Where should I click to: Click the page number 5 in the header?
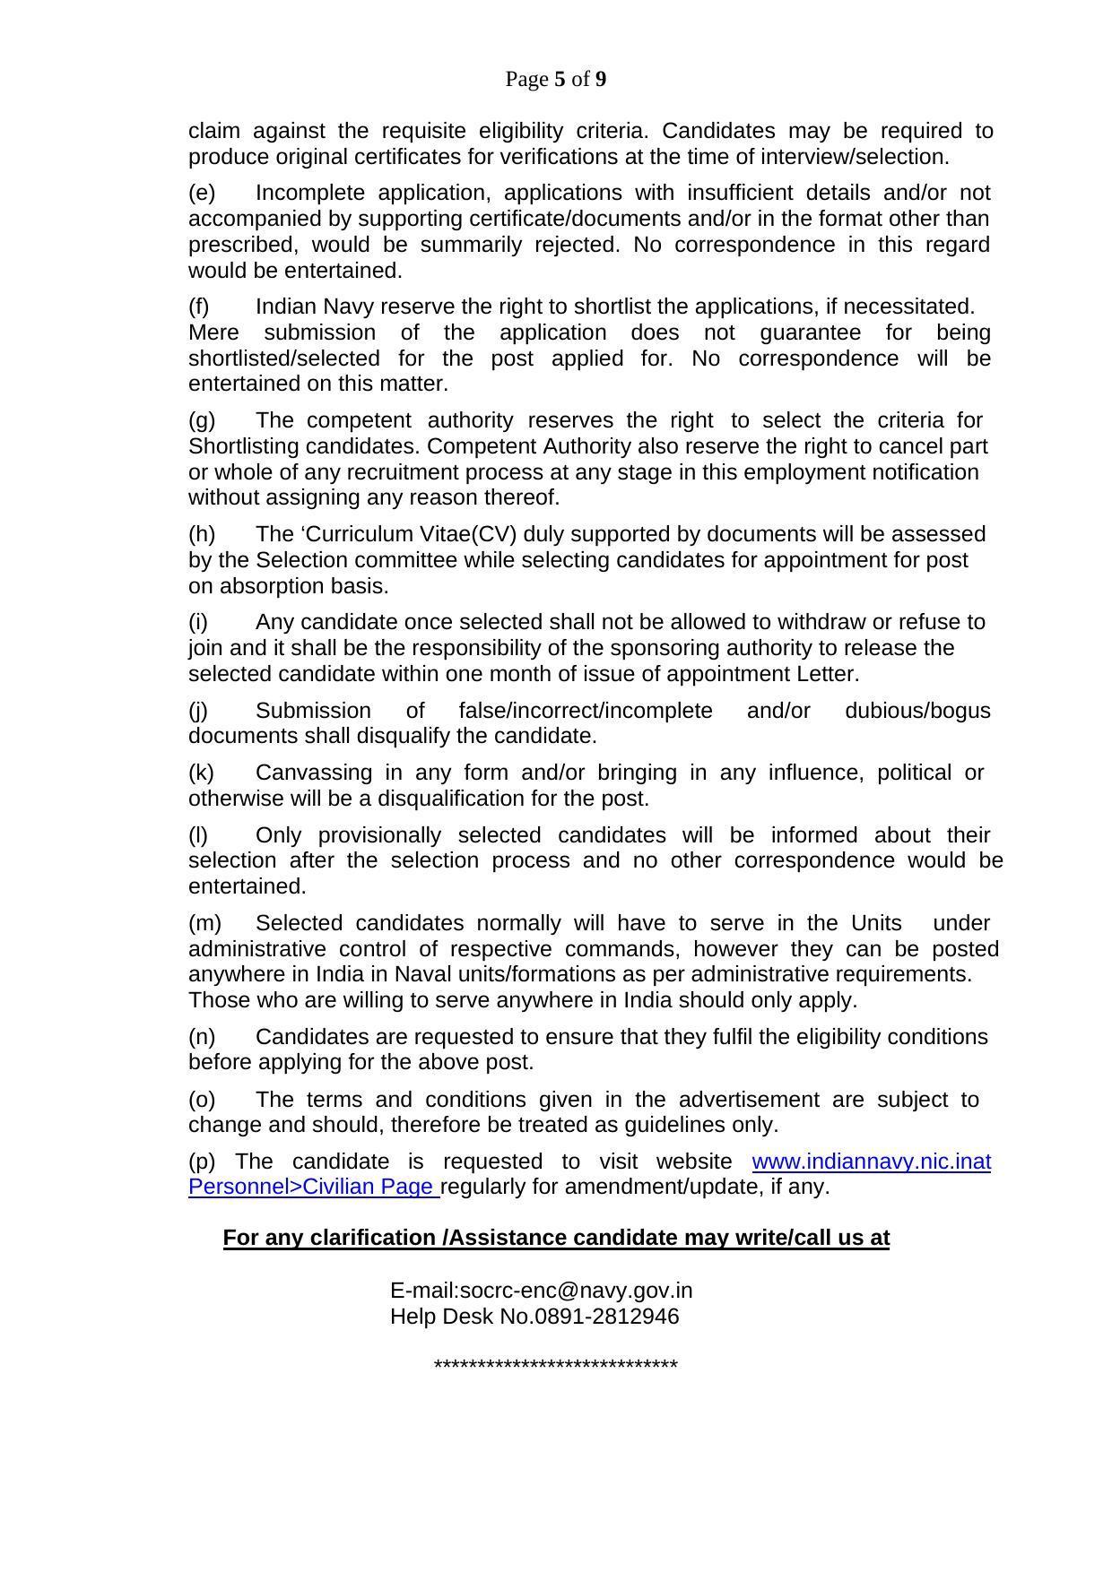560,80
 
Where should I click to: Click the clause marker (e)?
202,193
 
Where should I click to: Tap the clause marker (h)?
202,534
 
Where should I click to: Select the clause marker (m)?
204,923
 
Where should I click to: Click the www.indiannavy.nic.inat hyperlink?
871,1162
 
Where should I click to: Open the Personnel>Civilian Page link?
312,1187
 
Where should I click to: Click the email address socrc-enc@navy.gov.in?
576,1291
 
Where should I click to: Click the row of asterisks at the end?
555,1366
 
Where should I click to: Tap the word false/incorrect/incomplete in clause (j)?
585,711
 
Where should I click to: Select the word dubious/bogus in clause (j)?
917,711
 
